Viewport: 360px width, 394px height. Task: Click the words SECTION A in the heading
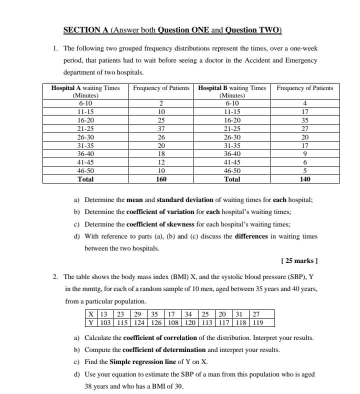[86, 29]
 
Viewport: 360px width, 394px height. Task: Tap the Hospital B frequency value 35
[305, 120]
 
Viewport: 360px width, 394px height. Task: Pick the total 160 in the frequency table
[161, 178]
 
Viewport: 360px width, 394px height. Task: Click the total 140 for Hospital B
[305, 178]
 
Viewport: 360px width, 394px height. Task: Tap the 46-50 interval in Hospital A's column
[85, 170]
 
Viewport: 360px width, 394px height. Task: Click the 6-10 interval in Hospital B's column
[232, 104]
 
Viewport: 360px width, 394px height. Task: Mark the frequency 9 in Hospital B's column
[305, 153]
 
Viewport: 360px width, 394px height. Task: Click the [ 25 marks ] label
[299, 261]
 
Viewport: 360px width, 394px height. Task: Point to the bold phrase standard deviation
[164, 200]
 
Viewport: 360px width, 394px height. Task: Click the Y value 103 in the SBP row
[104, 322]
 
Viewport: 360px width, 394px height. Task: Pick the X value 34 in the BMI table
[188, 314]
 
